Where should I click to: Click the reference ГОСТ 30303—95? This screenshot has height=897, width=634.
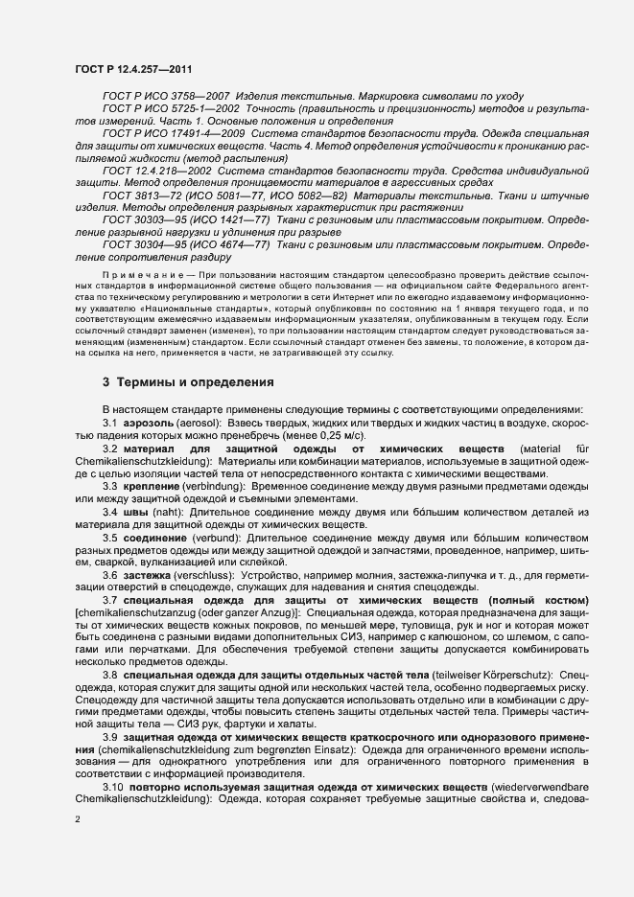click(140, 220)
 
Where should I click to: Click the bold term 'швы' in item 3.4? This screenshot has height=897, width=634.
click(132, 512)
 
